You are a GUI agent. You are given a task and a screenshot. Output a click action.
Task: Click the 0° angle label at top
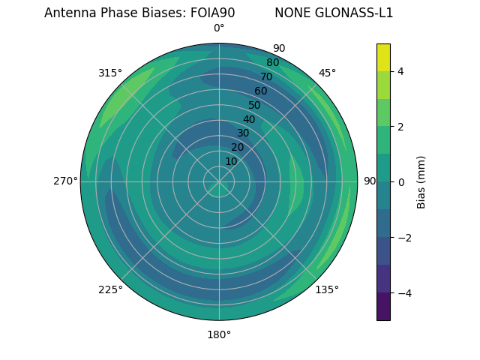[219, 28]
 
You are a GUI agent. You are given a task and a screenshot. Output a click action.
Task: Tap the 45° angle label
[327, 73]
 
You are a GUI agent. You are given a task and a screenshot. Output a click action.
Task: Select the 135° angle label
[327, 289]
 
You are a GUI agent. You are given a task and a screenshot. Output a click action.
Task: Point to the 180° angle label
[219, 334]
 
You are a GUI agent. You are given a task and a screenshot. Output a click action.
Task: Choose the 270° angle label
[65, 181]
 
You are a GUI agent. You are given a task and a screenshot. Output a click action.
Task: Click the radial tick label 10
[231, 161]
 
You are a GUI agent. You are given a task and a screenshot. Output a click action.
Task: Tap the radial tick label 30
[243, 133]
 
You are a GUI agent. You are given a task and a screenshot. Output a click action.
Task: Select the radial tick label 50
[254, 105]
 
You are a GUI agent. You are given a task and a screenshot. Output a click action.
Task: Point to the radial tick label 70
[266, 76]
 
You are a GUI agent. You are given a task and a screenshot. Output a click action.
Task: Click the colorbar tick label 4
[400, 71]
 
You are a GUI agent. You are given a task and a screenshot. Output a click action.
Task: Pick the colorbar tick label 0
[400, 181]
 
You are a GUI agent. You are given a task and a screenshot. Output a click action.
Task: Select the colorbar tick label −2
[403, 237]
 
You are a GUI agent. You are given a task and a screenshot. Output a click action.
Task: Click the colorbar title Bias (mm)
[421, 181]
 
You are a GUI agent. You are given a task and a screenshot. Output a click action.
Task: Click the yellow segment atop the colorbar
[383, 57]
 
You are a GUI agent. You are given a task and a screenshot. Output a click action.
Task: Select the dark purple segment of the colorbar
[383, 307]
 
